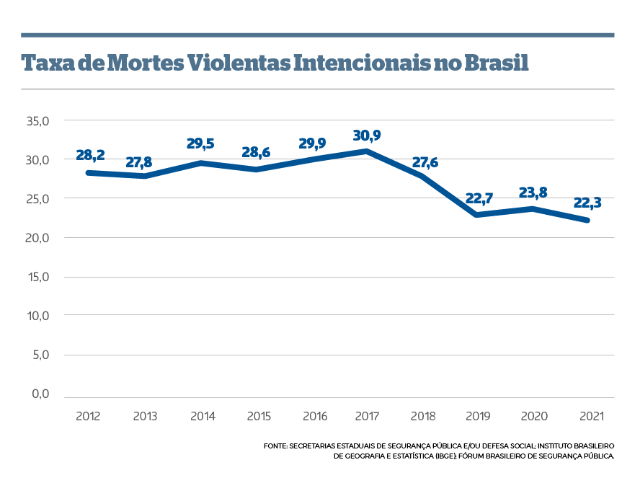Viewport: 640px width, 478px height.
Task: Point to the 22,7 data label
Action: coord(479,198)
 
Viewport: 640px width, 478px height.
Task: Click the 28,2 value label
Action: coord(90,156)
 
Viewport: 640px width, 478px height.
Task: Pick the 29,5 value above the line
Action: coord(200,144)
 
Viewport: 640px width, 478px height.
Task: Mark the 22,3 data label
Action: coord(587,203)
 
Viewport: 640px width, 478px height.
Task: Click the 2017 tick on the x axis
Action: coord(368,417)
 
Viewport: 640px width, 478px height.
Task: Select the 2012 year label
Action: coord(88,417)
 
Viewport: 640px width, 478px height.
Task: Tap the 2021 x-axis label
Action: coord(590,417)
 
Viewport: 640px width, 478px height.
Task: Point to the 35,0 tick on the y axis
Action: coord(37,120)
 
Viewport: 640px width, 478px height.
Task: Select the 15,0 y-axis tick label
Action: coord(37,277)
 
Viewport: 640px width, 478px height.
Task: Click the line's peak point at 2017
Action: coord(368,151)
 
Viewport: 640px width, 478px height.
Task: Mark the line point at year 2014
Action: coord(200,162)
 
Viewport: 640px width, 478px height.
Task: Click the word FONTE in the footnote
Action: coord(275,447)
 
